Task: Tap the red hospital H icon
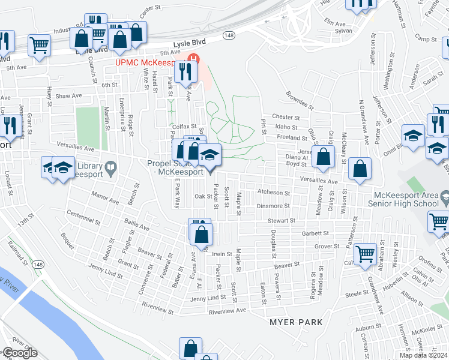pos(194,59)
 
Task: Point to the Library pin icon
pos(110,169)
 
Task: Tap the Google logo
pos(19,353)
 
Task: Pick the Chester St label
pos(285,117)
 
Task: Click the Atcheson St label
pos(274,193)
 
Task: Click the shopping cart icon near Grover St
pos(365,254)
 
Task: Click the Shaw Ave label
pos(68,96)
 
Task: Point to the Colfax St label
pos(185,127)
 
